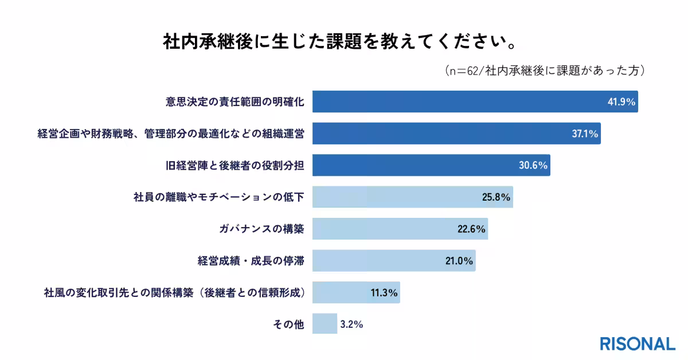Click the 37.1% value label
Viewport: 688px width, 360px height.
tap(585, 134)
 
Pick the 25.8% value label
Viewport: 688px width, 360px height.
tap(496, 198)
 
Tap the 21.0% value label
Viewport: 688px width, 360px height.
tap(459, 261)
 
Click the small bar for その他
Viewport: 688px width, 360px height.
tap(325, 324)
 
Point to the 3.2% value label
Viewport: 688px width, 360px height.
tap(351, 324)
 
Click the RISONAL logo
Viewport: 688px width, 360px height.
tap(638, 344)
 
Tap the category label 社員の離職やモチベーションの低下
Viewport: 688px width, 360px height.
tap(218, 198)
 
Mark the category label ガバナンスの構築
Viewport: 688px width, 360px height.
tap(261, 229)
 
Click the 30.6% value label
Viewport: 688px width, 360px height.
tap(534, 166)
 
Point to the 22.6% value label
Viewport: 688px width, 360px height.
tap(471, 229)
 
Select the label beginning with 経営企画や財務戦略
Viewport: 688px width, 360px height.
tap(170, 134)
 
